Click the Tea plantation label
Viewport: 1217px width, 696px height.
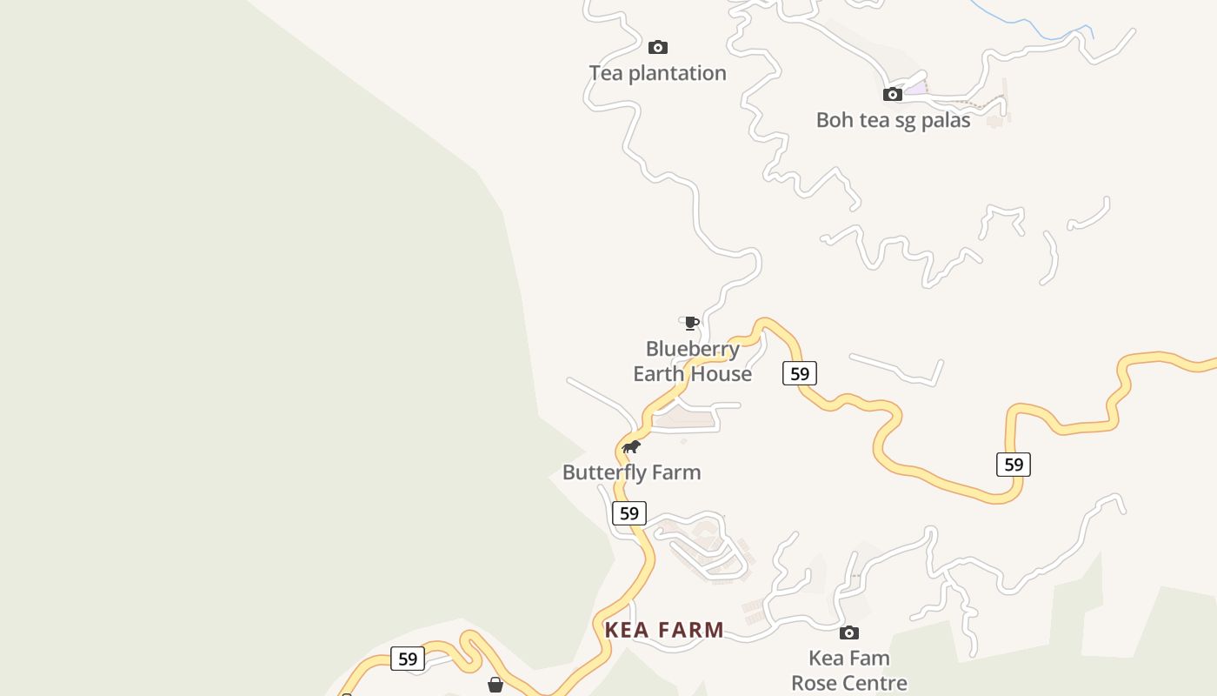tap(657, 73)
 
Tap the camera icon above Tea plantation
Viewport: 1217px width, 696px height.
tap(658, 47)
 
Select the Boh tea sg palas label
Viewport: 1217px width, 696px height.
tap(893, 120)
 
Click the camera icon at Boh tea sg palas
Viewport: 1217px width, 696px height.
tap(893, 94)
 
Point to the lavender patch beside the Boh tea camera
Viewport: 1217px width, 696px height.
tap(915, 89)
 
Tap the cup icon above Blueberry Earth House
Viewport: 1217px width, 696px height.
tap(691, 323)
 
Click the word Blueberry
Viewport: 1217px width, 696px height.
tap(692, 349)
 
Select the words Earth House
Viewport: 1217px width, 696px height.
tap(692, 374)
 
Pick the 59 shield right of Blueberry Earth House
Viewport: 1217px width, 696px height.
tap(800, 374)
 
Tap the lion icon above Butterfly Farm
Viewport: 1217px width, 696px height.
tap(631, 447)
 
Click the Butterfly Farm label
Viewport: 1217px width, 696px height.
tap(631, 472)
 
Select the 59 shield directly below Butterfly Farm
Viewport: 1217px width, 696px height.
tap(629, 513)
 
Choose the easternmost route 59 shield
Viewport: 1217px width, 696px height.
tap(1014, 465)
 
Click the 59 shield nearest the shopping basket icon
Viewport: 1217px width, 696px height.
tap(408, 659)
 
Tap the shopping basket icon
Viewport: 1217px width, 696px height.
tap(495, 685)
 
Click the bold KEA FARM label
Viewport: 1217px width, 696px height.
tap(664, 630)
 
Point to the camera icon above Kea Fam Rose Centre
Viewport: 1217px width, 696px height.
tap(849, 632)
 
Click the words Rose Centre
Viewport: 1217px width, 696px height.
tap(849, 683)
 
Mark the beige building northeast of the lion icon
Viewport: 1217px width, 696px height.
tap(685, 420)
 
